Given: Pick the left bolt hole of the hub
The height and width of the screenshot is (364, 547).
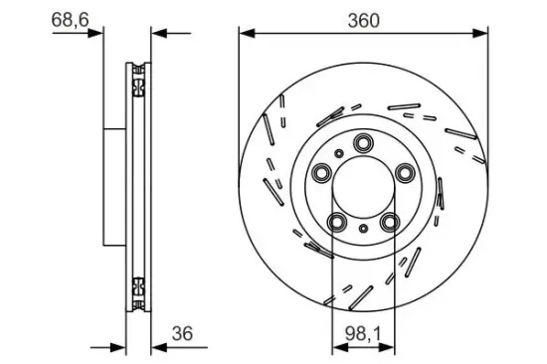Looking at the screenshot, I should pos(321,175).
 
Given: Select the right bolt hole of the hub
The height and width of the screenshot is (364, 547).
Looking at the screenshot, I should pos(405,175).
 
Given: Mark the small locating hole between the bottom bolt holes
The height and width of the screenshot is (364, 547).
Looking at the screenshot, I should pos(363,231).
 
